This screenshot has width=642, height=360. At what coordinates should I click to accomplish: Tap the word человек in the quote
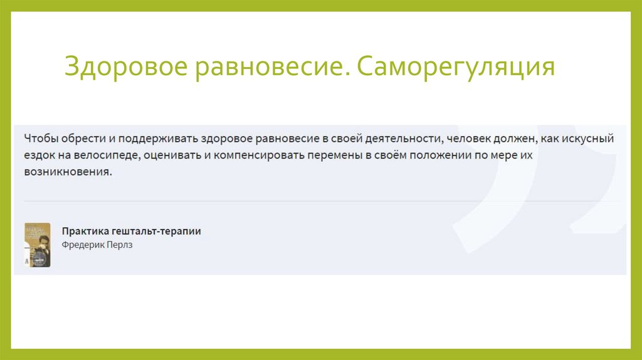[477, 137]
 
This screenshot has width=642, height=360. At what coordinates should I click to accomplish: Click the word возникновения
[68, 172]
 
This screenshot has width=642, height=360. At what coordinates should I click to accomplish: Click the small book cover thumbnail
[37, 245]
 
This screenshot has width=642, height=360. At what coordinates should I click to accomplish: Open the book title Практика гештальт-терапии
[132, 231]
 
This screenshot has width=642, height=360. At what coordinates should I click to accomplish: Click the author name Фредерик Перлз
[97, 245]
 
